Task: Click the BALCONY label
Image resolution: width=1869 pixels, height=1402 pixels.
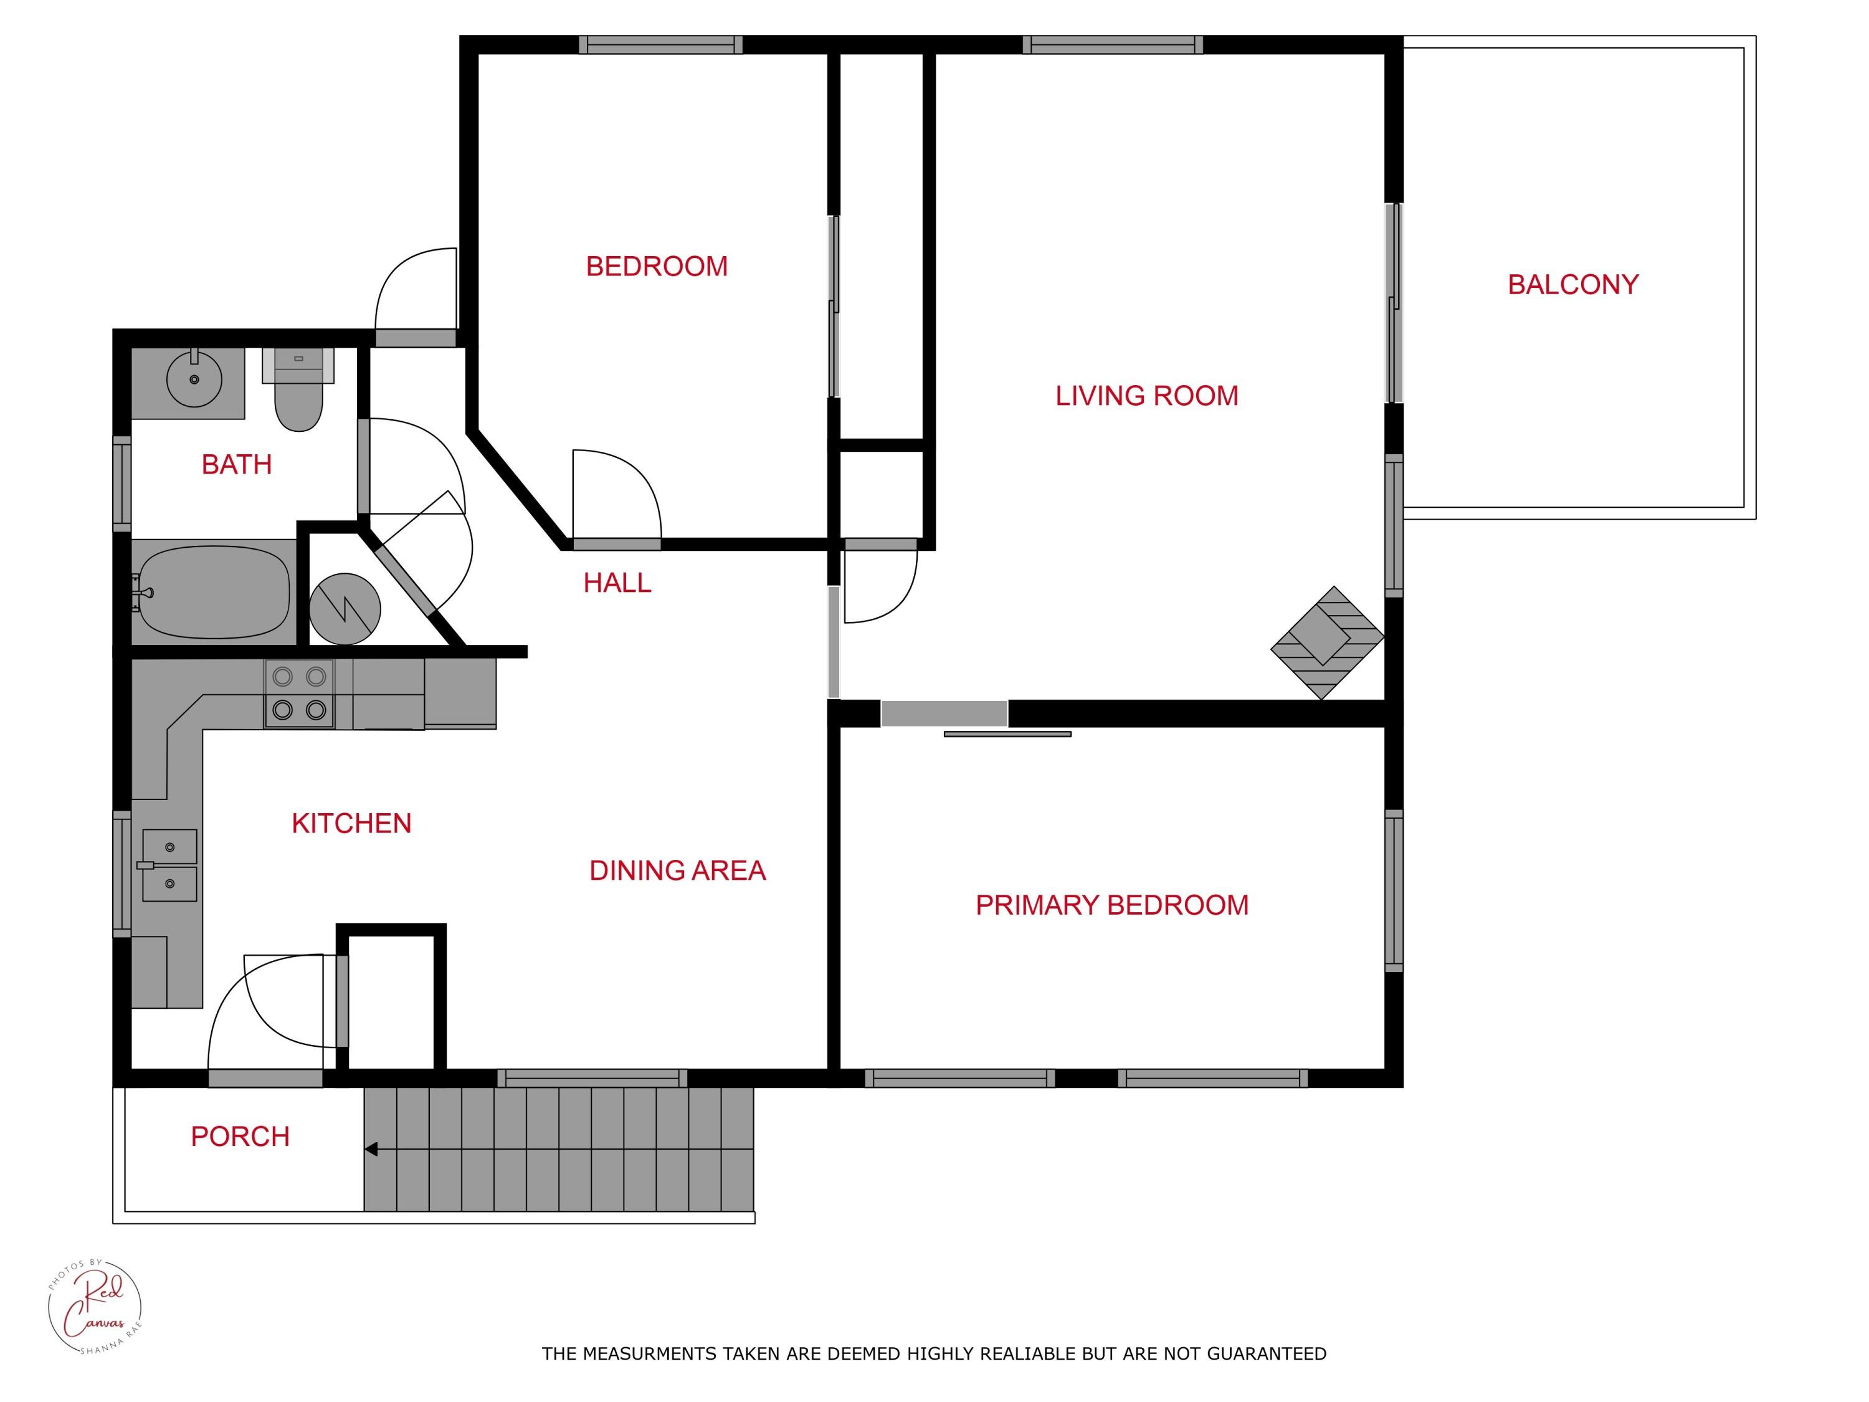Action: [x=1572, y=285]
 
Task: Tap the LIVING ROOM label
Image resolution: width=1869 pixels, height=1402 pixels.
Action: [x=1146, y=396]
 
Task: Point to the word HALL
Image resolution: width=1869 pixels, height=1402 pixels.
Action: [x=617, y=583]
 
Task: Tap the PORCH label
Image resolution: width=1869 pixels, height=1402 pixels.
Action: [x=240, y=1137]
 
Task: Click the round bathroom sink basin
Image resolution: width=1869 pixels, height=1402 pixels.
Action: [x=194, y=380]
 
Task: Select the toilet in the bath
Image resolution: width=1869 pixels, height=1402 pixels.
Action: [x=298, y=397]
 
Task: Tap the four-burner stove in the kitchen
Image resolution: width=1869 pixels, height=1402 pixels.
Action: [x=299, y=694]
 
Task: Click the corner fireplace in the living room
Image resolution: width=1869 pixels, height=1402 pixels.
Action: [x=1326, y=642]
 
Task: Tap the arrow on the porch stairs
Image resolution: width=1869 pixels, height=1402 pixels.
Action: [x=371, y=1149]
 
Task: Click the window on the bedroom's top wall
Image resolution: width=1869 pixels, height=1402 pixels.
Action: [x=661, y=45]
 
